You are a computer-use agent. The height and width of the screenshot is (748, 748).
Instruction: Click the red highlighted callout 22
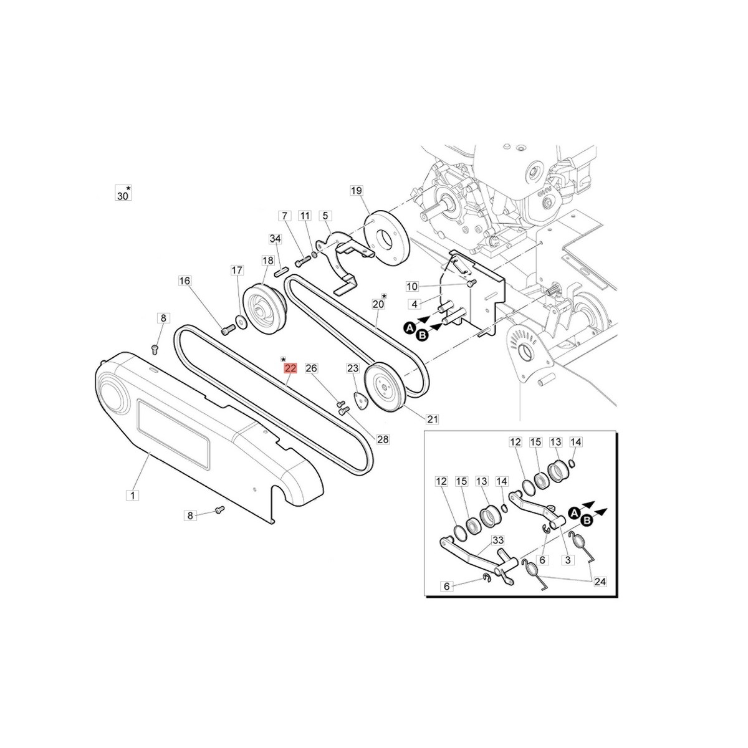point(290,368)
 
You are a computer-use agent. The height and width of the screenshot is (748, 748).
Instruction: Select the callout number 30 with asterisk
point(123,194)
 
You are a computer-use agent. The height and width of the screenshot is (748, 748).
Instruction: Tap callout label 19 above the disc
point(356,191)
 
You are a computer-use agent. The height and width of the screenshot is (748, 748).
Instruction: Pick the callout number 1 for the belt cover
point(133,496)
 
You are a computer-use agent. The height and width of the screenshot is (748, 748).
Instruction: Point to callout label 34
point(276,238)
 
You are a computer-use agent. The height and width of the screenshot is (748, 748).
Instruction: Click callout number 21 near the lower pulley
point(432,419)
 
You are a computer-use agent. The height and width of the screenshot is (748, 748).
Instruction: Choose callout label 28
point(383,439)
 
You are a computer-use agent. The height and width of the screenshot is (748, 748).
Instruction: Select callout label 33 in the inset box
point(497,540)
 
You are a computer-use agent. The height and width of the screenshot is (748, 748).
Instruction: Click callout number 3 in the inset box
point(568,560)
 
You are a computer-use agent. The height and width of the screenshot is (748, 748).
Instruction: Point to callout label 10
point(412,287)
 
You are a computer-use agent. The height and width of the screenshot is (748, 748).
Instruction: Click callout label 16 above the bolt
point(185,280)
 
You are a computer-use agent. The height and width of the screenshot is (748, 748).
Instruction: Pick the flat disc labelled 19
point(386,238)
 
